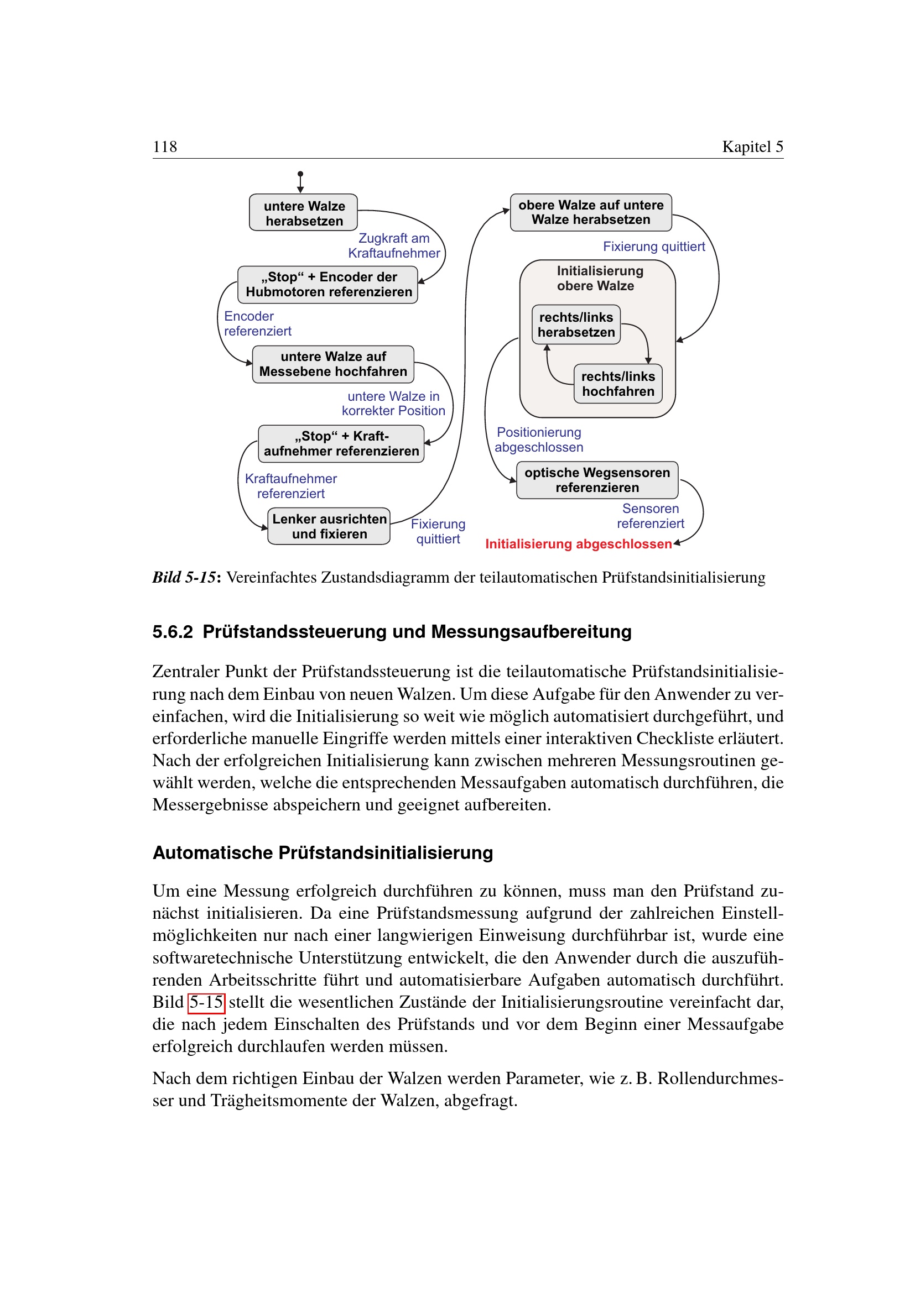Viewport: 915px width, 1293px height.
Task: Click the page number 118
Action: tap(164, 146)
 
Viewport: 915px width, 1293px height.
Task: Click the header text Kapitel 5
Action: tap(752, 146)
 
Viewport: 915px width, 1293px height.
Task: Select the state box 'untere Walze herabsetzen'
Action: tap(304, 213)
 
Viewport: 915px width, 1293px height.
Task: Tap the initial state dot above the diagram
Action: tap(300, 174)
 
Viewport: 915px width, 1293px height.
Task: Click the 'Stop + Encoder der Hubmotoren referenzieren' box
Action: tap(328, 284)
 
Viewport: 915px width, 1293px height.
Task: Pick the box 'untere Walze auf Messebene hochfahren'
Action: tap(333, 364)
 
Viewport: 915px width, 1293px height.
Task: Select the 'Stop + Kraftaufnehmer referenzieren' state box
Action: tap(341, 444)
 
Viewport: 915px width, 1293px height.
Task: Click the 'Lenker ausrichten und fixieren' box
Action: tap(329, 526)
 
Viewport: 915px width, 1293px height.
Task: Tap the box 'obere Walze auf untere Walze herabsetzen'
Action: tap(590, 212)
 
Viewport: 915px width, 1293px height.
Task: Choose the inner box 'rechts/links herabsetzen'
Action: tap(576, 325)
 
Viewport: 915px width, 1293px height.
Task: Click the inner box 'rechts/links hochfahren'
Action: tap(617, 384)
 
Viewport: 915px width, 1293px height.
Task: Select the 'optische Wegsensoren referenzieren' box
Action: tap(597, 480)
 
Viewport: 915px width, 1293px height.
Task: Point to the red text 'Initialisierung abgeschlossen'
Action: tap(578, 544)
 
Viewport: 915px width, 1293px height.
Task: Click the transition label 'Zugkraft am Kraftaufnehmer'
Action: tap(394, 245)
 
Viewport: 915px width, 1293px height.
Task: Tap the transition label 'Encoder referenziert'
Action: tap(257, 324)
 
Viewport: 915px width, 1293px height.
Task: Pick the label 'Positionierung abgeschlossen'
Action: tap(539, 440)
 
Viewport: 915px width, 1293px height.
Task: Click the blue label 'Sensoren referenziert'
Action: tap(650, 516)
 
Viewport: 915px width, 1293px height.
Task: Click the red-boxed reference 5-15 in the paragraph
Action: tap(206, 1002)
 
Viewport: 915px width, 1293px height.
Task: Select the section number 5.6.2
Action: tap(173, 632)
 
